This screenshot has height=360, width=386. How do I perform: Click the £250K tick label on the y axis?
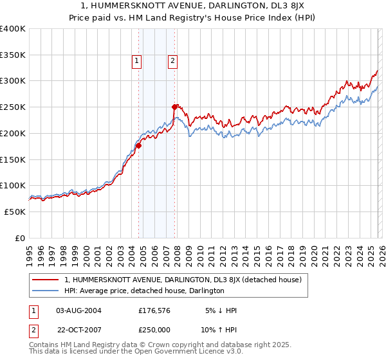(x=13, y=107)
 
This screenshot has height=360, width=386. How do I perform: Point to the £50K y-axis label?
(x=15, y=212)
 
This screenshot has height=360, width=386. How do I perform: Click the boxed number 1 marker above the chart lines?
(x=137, y=61)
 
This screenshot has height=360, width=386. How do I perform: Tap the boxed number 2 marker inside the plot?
(x=173, y=61)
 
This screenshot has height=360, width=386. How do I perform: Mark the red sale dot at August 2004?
(x=138, y=145)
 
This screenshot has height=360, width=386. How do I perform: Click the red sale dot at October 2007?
(x=174, y=107)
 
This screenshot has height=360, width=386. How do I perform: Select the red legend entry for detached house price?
(x=187, y=280)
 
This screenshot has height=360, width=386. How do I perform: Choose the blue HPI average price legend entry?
(x=143, y=291)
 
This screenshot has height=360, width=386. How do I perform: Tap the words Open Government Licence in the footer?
(x=174, y=353)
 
